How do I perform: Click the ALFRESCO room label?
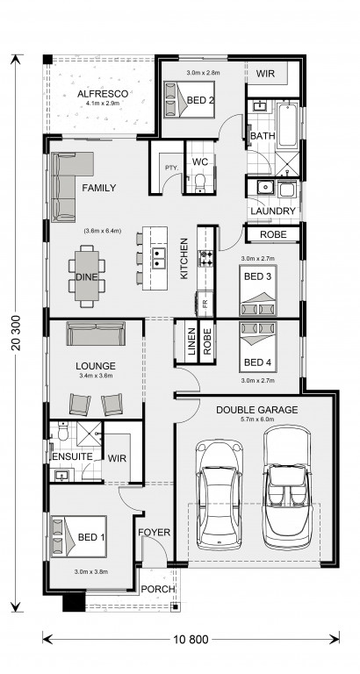tap(103, 94)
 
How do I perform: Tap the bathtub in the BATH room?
tap(287, 125)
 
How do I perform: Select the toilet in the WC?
tap(200, 183)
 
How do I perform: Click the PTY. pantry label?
tap(172, 168)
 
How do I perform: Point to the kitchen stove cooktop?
tap(205, 258)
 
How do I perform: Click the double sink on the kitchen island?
tap(159, 257)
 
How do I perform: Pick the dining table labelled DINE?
tap(87, 276)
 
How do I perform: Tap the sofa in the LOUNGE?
tap(96, 333)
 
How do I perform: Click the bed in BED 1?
tap(79, 536)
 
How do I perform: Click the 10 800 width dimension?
tap(191, 640)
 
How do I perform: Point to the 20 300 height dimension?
tap(17, 333)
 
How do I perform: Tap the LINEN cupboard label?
tap(191, 342)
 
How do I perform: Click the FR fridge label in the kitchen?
tap(205, 304)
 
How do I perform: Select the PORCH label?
tap(158, 589)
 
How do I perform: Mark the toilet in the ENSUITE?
tap(63, 432)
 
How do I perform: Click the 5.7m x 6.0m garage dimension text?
tap(256, 419)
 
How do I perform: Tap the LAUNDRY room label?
tap(273, 211)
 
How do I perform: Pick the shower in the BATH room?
tap(286, 163)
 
